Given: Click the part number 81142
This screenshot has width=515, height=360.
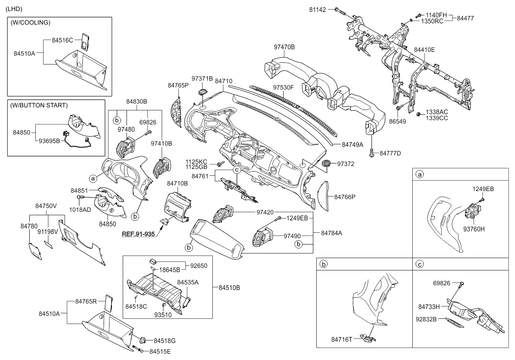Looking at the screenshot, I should (x=318, y=9).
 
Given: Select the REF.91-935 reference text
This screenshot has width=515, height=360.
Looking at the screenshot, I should (x=139, y=234).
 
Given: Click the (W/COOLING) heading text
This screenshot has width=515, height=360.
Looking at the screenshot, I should (x=31, y=22).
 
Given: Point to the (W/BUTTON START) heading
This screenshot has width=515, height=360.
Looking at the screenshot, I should (x=39, y=105).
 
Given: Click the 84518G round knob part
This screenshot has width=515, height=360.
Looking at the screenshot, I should (x=143, y=340).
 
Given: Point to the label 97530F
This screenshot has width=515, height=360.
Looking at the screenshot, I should (x=284, y=87).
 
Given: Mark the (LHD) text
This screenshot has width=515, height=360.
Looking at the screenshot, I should (x=14, y=9).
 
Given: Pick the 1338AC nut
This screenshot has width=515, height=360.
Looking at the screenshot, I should (x=418, y=113).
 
